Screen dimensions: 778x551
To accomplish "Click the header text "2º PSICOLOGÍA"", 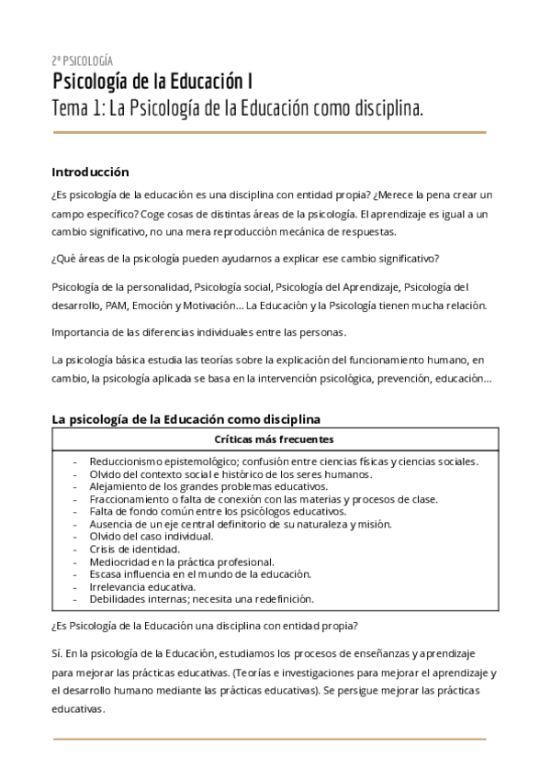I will [83, 60].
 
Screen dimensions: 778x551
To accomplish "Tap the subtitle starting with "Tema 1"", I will [238, 109].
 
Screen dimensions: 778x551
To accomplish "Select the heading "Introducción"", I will [90, 172].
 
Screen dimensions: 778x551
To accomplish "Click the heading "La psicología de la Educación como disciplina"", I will [186, 418].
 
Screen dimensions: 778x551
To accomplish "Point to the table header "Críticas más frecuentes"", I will [273, 439].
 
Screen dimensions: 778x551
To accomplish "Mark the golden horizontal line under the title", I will [269, 132].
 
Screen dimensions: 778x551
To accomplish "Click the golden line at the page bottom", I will [269, 739].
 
